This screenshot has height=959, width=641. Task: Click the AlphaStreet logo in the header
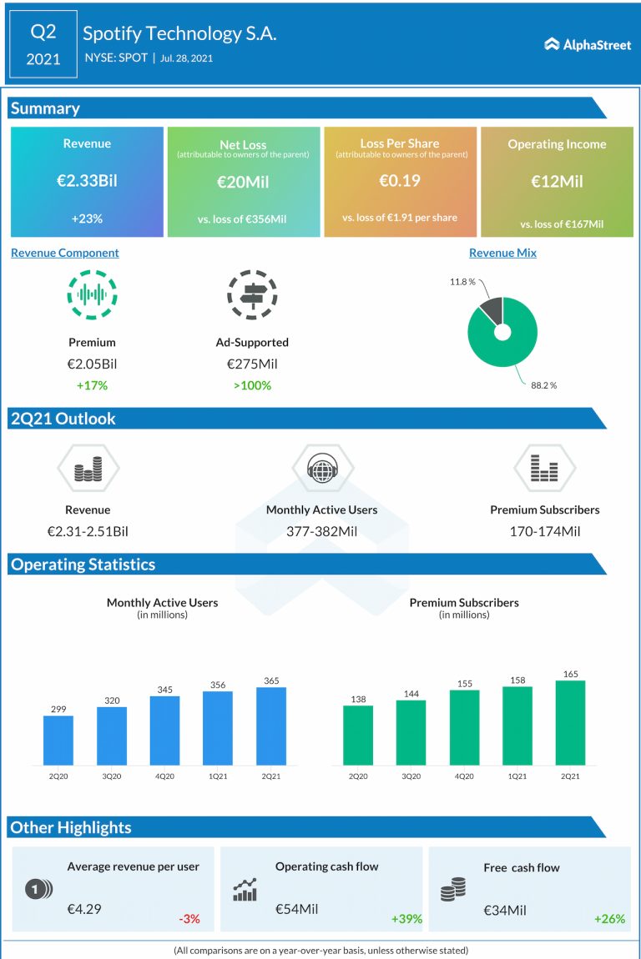tap(588, 44)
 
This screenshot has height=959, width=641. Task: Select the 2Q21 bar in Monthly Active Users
tap(271, 726)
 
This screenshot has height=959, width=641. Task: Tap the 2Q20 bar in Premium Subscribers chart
tap(358, 735)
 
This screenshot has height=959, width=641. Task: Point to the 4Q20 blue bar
tap(164, 730)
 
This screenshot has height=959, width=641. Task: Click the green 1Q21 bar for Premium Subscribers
tap(517, 725)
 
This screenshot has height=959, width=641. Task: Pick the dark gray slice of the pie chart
tap(489, 310)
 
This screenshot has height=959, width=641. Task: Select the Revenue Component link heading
tap(65, 253)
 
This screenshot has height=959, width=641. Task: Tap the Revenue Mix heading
tap(502, 253)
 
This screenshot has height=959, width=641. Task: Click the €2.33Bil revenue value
tap(87, 181)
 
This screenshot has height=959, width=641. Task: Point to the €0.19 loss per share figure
tap(400, 181)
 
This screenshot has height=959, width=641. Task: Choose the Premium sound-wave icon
tap(92, 294)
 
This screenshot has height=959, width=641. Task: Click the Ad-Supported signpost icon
tap(252, 294)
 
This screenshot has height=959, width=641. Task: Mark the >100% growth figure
tap(252, 385)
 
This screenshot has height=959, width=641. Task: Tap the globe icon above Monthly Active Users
tap(321, 468)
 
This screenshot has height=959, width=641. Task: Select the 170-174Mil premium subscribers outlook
tap(545, 531)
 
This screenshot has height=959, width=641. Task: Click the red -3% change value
tap(189, 919)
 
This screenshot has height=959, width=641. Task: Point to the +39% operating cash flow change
tap(406, 919)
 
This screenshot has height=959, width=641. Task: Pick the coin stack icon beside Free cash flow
tap(452, 891)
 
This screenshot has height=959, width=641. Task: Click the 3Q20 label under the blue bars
tap(112, 776)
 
